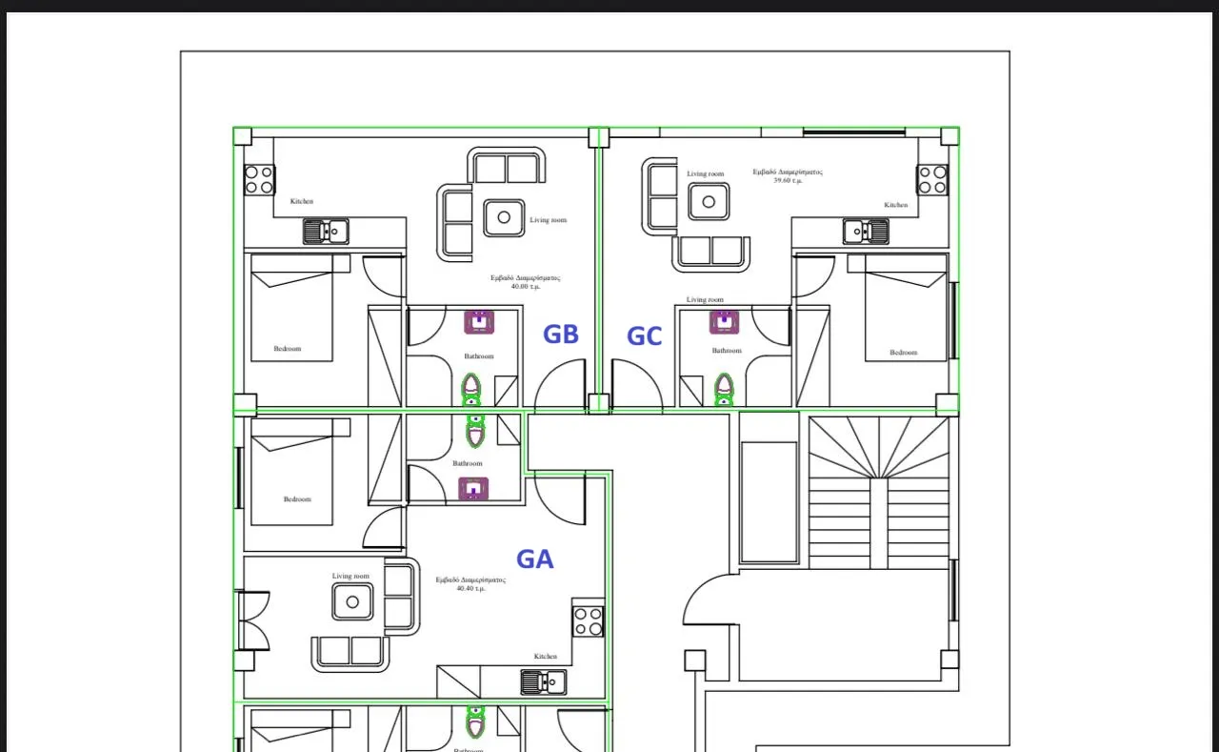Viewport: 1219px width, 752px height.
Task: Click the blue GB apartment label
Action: tap(560, 335)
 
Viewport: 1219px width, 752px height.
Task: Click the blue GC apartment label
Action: tap(644, 336)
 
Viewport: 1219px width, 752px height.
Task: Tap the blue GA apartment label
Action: tap(534, 559)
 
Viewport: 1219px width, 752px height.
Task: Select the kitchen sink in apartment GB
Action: tap(326, 231)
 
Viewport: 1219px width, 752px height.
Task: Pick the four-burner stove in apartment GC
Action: tap(932, 179)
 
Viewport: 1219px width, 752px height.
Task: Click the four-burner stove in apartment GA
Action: tap(589, 621)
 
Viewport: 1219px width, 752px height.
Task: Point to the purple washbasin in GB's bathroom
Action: tap(479, 322)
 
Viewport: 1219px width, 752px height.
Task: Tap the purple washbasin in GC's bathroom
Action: tap(724, 322)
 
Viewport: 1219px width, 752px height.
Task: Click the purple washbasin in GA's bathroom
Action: tap(473, 489)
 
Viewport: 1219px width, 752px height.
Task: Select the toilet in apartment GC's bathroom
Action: tap(724, 388)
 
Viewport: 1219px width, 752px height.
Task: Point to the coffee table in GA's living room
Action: tap(352, 601)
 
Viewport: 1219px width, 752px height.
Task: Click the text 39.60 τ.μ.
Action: tap(788, 180)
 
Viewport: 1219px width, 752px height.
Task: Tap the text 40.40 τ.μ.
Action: tap(470, 588)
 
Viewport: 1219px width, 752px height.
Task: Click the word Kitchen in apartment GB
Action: tap(302, 201)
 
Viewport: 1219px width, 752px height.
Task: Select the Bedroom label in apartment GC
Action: tap(903, 353)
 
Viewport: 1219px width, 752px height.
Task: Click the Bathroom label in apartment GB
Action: tap(479, 356)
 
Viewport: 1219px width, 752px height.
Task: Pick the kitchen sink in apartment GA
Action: tap(543, 681)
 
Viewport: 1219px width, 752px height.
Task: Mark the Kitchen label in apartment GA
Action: tap(545, 657)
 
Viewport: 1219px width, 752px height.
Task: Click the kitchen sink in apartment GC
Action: tap(866, 231)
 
